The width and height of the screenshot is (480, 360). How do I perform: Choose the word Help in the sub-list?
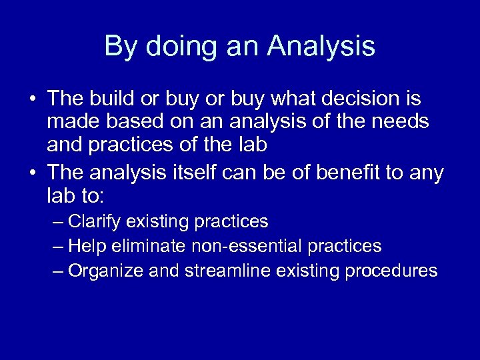[85, 247]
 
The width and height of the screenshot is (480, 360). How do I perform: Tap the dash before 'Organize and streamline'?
[58, 271]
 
